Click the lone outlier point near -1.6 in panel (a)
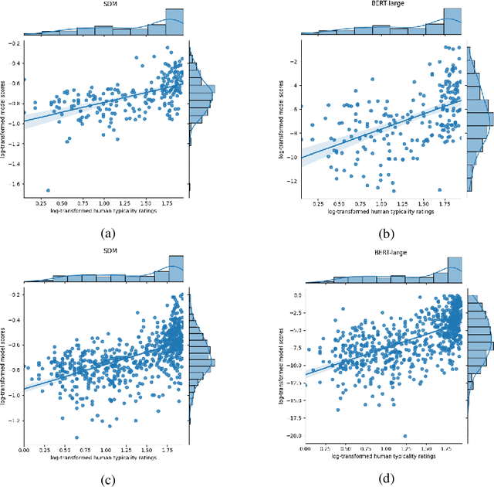click(x=48, y=190)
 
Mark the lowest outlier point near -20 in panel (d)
click(x=404, y=436)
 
